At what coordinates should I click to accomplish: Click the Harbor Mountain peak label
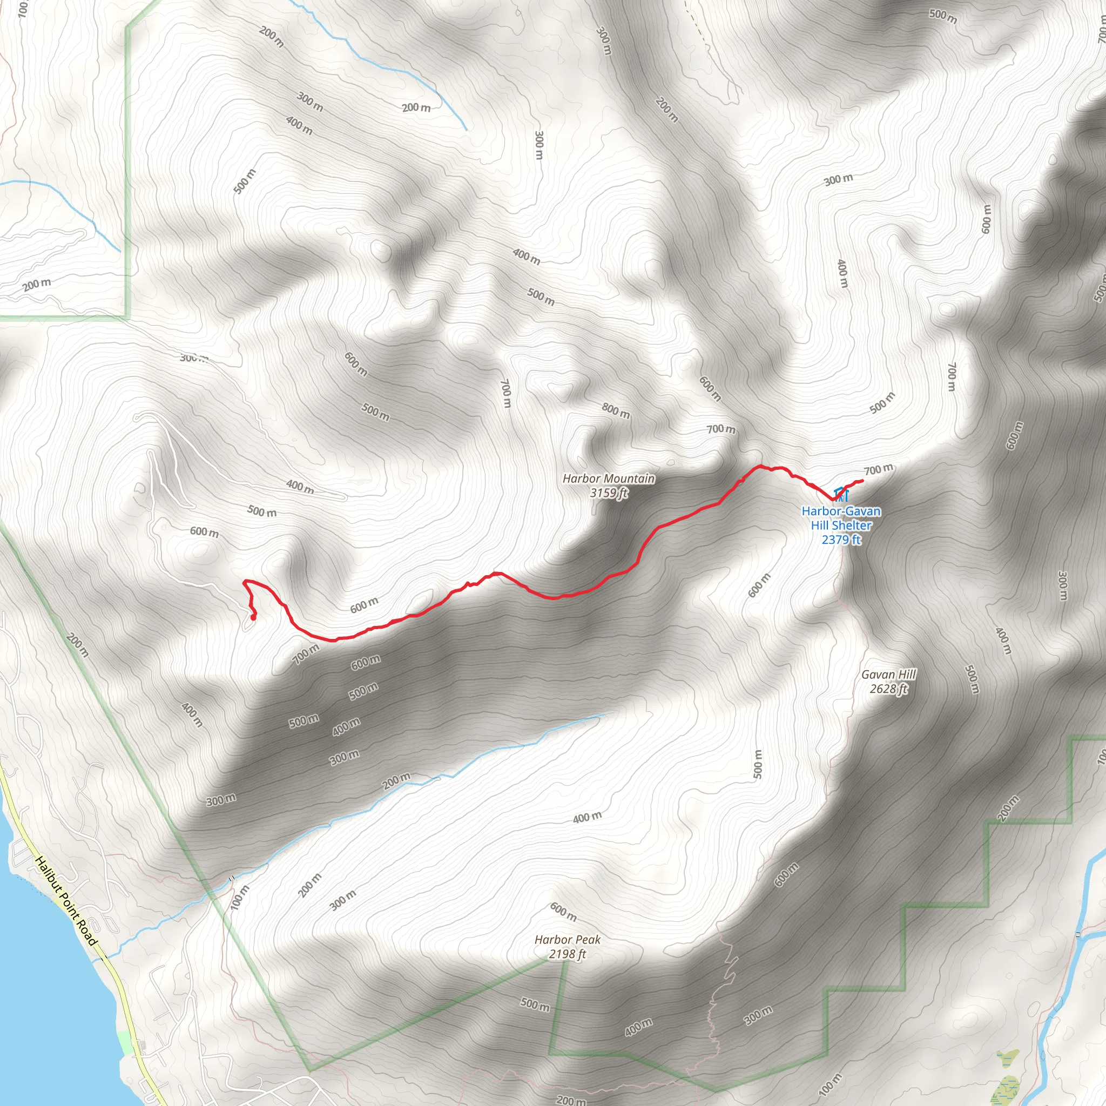tap(609, 478)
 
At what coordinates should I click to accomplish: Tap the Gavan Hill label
tap(888, 675)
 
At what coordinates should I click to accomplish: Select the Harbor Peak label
tap(568, 940)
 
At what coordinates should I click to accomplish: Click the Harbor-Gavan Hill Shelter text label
tap(841, 518)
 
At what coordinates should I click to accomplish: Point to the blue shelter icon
tap(840, 494)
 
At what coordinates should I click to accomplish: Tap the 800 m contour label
tap(616, 410)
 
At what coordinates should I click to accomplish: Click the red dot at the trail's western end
tap(253, 617)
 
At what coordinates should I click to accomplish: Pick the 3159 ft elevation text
tap(609, 493)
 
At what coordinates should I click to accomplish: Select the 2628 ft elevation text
tap(888, 689)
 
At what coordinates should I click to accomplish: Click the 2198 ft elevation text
tap(568, 954)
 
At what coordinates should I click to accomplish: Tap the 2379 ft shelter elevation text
tap(841, 539)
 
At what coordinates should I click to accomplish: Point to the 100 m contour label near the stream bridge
tap(240, 898)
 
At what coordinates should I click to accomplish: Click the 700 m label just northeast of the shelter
tap(878, 470)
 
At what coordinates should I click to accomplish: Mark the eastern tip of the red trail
tap(862, 480)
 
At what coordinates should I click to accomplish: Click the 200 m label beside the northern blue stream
tap(416, 107)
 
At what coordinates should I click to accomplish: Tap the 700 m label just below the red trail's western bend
tap(306, 654)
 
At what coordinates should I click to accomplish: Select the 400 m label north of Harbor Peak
tap(588, 817)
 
